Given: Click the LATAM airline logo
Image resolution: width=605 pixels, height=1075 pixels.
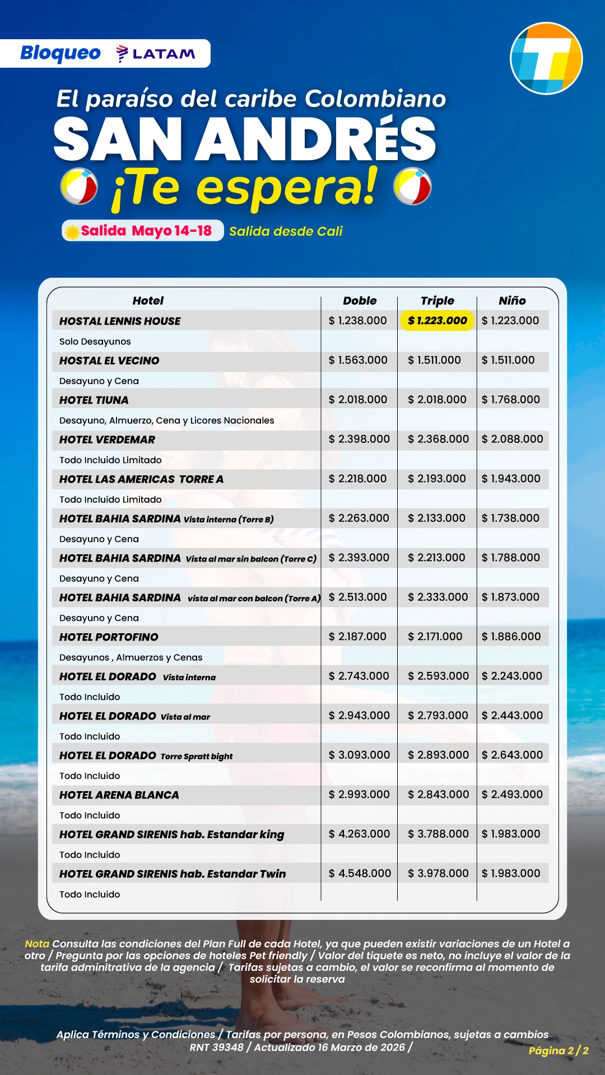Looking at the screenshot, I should [x=156, y=54].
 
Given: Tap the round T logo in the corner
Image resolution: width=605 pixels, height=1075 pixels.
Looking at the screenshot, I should [x=546, y=59].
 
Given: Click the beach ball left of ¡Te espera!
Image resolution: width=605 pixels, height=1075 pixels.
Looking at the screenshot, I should [x=79, y=186].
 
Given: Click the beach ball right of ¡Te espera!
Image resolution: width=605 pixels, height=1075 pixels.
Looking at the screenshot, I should [x=412, y=186].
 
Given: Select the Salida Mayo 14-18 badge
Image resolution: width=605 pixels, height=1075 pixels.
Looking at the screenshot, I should [x=143, y=231].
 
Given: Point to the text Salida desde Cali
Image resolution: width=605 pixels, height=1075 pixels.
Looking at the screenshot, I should [x=286, y=231].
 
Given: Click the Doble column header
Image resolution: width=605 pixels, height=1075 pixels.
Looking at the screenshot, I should [x=360, y=301].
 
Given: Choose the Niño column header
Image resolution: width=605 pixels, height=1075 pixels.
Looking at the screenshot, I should [x=512, y=301].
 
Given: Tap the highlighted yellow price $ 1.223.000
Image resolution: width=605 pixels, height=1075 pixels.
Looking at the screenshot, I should [x=437, y=321].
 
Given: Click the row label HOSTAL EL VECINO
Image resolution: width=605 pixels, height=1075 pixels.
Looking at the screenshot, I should [x=109, y=361].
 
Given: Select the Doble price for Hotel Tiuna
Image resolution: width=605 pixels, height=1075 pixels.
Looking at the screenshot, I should [x=358, y=400].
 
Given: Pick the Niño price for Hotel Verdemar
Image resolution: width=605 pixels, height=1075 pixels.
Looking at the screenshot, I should [x=512, y=439].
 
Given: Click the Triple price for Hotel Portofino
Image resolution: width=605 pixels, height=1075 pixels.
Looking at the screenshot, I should [x=435, y=637].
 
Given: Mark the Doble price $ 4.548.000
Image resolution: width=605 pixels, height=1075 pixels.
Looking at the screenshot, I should [x=360, y=873].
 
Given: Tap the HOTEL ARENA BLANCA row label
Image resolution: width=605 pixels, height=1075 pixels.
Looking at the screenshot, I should [x=119, y=795].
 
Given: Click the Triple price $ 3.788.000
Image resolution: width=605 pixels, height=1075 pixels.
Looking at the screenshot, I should [x=438, y=834].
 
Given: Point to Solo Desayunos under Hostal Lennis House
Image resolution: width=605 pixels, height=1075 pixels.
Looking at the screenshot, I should [x=95, y=342].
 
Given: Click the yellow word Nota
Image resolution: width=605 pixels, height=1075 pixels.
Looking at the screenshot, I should [x=37, y=944].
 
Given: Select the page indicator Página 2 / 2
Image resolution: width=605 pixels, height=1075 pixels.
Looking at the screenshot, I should [x=559, y=1051].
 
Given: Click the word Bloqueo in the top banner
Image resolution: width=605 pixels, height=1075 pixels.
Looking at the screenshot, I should [x=61, y=53].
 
